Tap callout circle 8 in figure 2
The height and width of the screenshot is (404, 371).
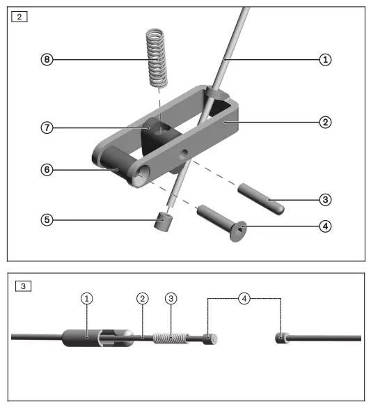(x=46, y=60)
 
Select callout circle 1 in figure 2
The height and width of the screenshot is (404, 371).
(x=324, y=60)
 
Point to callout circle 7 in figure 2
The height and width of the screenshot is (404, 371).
(x=46, y=127)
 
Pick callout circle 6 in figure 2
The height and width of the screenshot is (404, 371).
(x=46, y=169)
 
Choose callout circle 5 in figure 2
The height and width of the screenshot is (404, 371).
(x=46, y=219)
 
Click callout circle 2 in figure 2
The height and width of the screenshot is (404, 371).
(x=324, y=122)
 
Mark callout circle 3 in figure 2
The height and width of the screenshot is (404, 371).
(x=324, y=200)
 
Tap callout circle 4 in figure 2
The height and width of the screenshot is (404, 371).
(x=324, y=226)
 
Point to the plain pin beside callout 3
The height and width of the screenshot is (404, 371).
(x=261, y=198)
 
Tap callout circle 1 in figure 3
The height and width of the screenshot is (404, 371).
(x=86, y=298)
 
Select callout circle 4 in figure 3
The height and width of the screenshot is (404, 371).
(x=244, y=298)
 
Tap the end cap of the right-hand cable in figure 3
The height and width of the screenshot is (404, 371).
(x=282, y=339)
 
